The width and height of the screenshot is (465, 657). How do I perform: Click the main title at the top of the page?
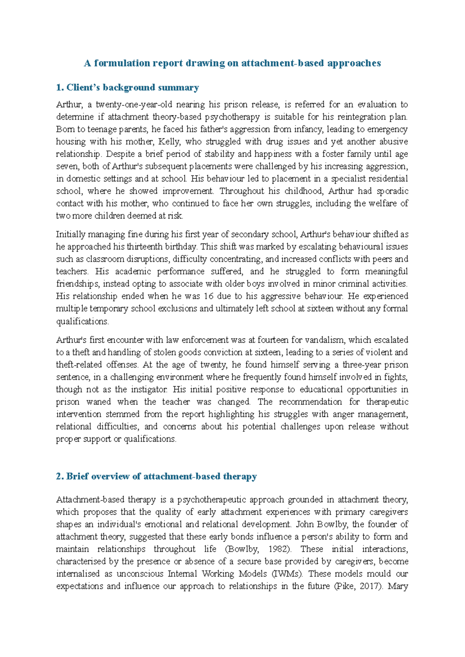click(x=232, y=63)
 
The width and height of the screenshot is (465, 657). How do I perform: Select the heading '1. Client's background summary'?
click(x=127, y=88)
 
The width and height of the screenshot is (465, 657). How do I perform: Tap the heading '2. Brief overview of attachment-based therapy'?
click(x=156, y=476)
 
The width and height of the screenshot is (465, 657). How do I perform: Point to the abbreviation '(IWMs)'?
click(x=285, y=574)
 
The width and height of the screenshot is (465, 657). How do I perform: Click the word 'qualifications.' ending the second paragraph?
click(x=83, y=322)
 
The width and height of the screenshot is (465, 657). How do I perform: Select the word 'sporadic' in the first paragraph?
click(x=393, y=191)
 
